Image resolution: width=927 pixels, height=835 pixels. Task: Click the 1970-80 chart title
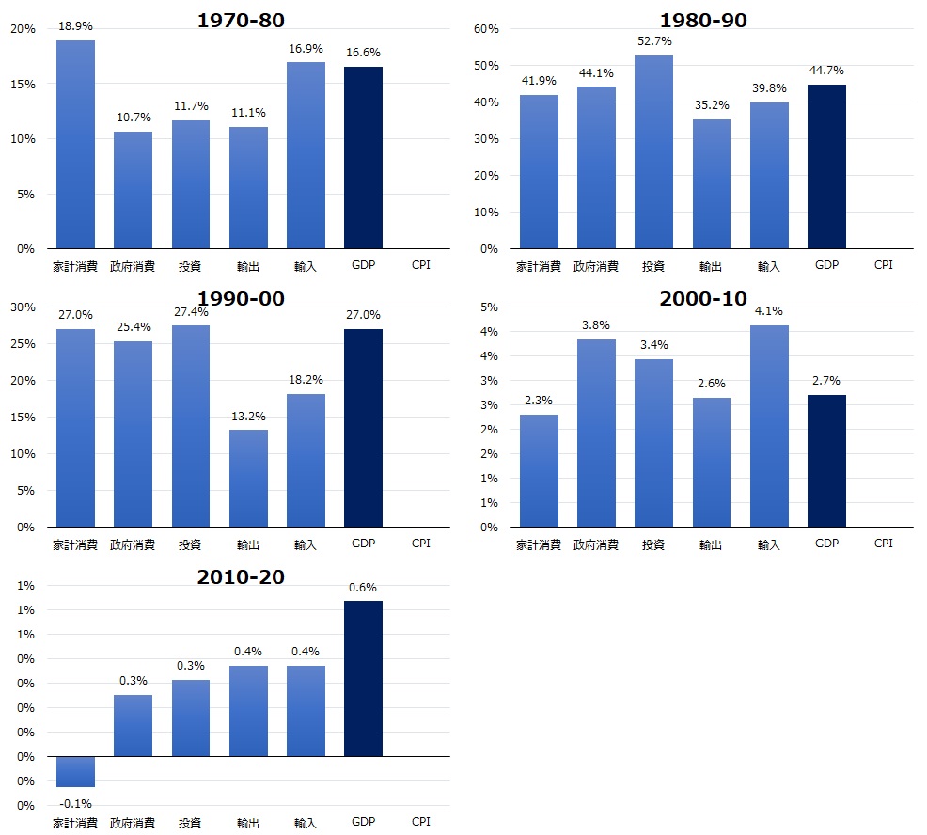coord(241,21)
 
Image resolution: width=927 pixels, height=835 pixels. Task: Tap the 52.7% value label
coord(654,41)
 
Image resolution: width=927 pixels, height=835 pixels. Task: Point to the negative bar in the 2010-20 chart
coord(75,771)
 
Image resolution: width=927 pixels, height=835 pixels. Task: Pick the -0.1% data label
coord(75,804)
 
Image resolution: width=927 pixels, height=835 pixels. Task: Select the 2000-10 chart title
coord(703,299)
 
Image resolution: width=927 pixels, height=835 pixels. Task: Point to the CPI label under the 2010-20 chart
coord(421,822)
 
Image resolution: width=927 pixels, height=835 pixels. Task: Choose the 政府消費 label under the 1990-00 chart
coord(133,544)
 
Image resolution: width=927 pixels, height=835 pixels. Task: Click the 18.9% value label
coord(75,27)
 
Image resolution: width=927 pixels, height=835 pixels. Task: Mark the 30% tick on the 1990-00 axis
coord(23,307)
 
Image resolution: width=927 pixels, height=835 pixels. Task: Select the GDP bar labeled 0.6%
coord(363,678)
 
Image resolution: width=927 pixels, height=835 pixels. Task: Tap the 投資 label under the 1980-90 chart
coord(654,266)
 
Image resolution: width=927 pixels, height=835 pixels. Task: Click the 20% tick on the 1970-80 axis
coord(23,29)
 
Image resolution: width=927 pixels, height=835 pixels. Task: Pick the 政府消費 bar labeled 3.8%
coord(596,433)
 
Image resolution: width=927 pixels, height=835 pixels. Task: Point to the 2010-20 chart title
coord(241,577)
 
